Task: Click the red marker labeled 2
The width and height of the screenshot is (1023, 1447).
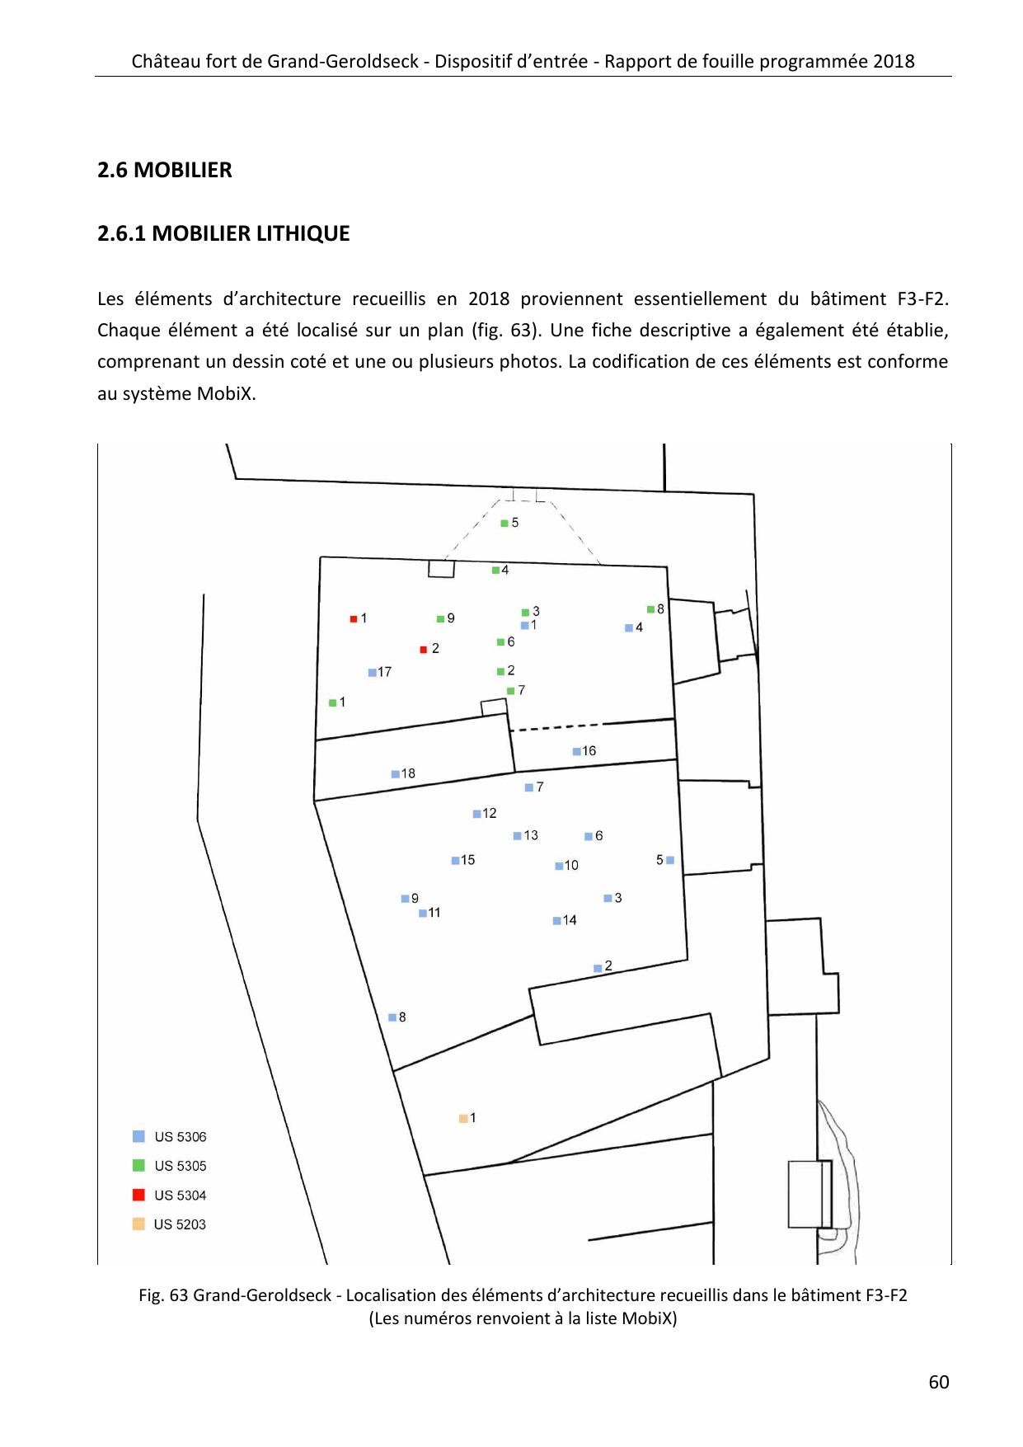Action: (x=423, y=650)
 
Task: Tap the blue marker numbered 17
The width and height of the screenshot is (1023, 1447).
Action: (x=372, y=673)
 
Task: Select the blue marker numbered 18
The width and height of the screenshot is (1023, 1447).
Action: (x=395, y=774)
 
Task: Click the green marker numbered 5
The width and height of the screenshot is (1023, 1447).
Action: (x=504, y=523)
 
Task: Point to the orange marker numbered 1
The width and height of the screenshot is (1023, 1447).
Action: (x=463, y=1118)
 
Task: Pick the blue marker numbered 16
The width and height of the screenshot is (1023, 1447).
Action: (x=576, y=751)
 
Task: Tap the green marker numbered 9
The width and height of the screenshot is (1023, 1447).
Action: (x=440, y=618)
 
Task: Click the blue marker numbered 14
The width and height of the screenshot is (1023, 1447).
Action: (x=556, y=921)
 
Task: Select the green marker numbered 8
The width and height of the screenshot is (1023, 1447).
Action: (x=650, y=609)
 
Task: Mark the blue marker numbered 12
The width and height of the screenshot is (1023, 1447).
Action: (x=476, y=814)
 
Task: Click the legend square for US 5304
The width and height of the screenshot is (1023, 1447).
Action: (x=138, y=1195)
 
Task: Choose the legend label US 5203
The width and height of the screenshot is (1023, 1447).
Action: (x=180, y=1224)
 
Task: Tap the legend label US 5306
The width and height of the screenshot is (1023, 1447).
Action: (x=181, y=1137)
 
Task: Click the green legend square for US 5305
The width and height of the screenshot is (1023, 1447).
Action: (x=138, y=1165)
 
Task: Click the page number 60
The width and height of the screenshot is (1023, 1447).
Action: (x=938, y=1383)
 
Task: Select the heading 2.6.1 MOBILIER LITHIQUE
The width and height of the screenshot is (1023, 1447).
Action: (x=223, y=233)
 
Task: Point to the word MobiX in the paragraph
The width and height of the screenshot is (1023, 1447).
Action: (x=226, y=393)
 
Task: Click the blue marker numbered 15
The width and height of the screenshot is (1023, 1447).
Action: (x=455, y=861)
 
